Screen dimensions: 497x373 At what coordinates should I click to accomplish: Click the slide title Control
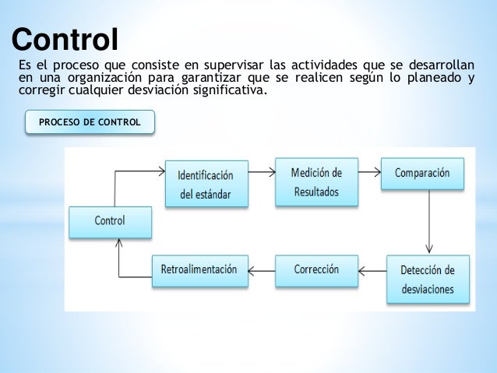click(x=65, y=38)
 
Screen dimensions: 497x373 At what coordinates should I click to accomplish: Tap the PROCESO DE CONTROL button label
click(x=90, y=122)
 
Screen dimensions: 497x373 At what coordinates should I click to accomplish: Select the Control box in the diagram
click(x=110, y=221)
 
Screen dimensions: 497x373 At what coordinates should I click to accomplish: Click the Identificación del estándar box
click(x=206, y=184)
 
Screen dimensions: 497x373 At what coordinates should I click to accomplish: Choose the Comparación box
click(x=421, y=174)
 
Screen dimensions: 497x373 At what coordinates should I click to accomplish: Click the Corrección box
click(x=316, y=269)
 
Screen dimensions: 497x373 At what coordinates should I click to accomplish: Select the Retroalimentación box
click(x=199, y=269)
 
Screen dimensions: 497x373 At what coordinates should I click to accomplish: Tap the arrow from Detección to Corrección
click(x=373, y=271)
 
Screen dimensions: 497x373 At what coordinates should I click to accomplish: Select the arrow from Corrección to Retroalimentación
click(x=262, y=271)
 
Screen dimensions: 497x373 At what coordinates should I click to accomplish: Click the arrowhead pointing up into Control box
click(x=118, y=244)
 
